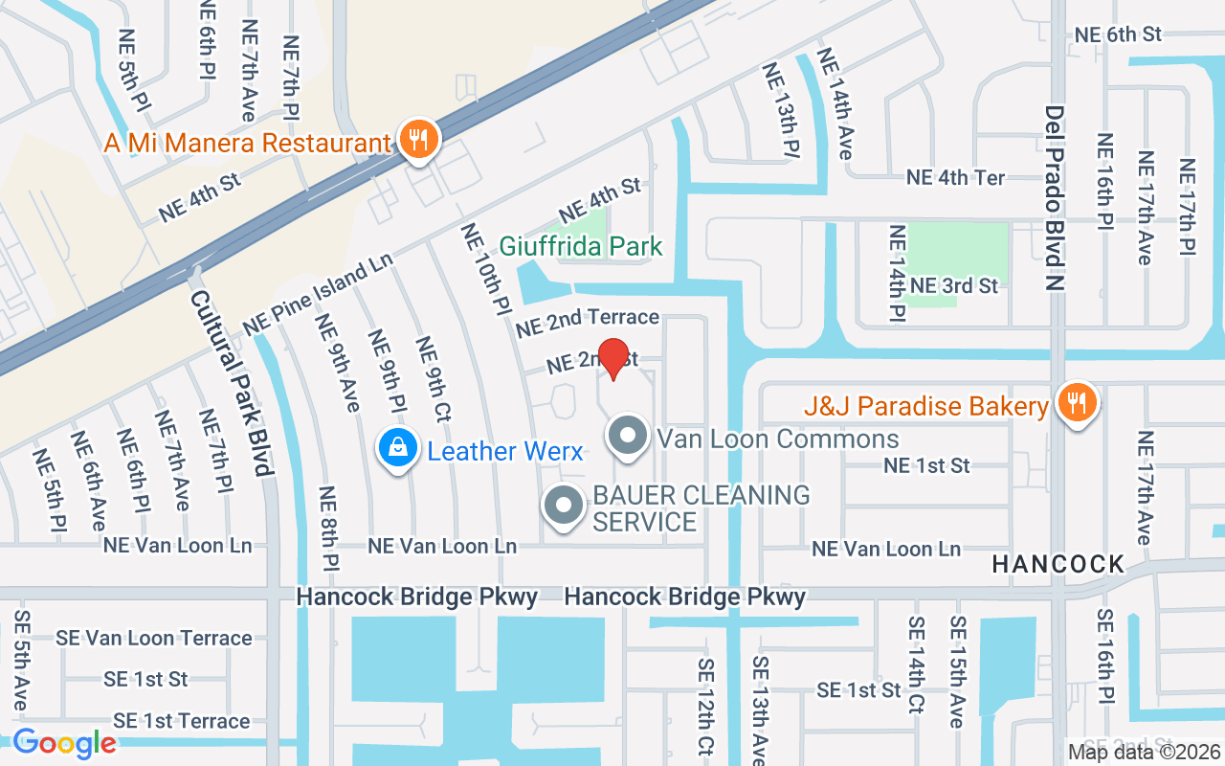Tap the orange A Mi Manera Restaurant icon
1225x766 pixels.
[417, 141]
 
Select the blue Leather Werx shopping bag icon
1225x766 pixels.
[397, 449]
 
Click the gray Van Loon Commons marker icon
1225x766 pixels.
[628, 438]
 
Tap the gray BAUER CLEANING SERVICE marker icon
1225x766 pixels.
[564, 507]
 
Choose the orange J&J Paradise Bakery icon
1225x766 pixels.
[1077, 405]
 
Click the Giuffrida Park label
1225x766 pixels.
[581, 247]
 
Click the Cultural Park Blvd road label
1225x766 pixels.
[231, 383]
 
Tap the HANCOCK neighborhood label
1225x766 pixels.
[1058, 565]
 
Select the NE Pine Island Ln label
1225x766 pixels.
[318, 294]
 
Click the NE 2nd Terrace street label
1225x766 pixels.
[588, 322]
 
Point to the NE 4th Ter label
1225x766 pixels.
[955, 178]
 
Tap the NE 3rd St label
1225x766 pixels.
[953, 285]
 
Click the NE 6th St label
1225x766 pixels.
[1118, 34]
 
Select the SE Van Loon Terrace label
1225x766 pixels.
[154, 638]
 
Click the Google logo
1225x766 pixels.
[64, 742]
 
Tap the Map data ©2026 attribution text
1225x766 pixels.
[1143, 752]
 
